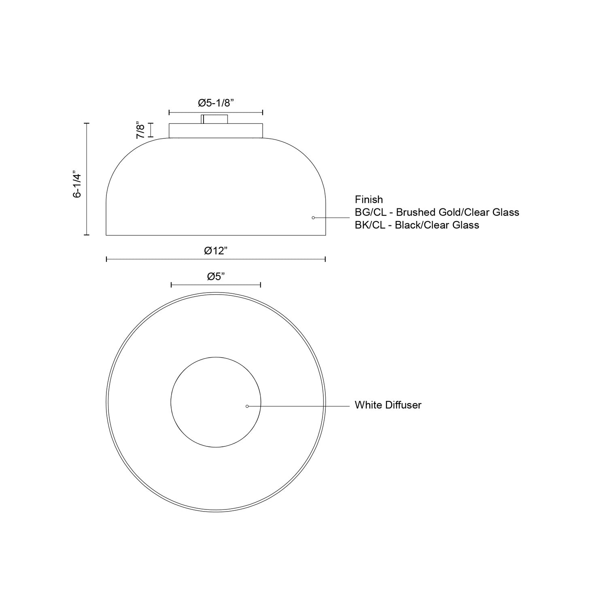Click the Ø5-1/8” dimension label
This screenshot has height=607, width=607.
[216, 103]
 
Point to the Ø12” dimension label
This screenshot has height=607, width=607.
[216, 251]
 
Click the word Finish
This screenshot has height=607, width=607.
[369, 200]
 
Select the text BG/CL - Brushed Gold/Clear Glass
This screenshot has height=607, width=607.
[437, 212]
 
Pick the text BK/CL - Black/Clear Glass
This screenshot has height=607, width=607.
[417, 225]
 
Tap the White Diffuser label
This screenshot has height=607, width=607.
[388, 405]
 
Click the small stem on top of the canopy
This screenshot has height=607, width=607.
[214, 119]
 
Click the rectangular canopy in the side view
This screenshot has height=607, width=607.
[216, 130]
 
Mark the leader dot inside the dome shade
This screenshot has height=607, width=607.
[313, 218]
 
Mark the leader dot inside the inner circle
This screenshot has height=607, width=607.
[247, 406]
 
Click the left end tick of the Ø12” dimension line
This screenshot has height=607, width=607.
[106, 259]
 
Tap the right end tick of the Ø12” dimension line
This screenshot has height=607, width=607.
[325, 259]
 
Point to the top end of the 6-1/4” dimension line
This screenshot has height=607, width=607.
[87, 123]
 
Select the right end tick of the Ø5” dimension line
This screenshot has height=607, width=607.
[260, 285]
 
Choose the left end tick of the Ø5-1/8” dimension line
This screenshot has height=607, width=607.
[169, 112]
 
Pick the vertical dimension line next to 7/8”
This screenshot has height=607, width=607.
[151, 130]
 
